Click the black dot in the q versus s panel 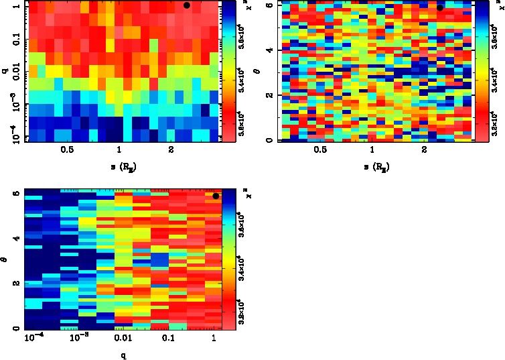(187, 5)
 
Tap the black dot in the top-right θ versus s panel (440, 7)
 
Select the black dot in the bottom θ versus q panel (216, 196)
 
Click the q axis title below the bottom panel (123, 356)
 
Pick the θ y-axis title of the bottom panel (4, 257)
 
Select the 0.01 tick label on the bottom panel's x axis (123, 341)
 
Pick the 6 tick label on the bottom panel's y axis (17, 193)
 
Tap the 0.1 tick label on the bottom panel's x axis (168, 341)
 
